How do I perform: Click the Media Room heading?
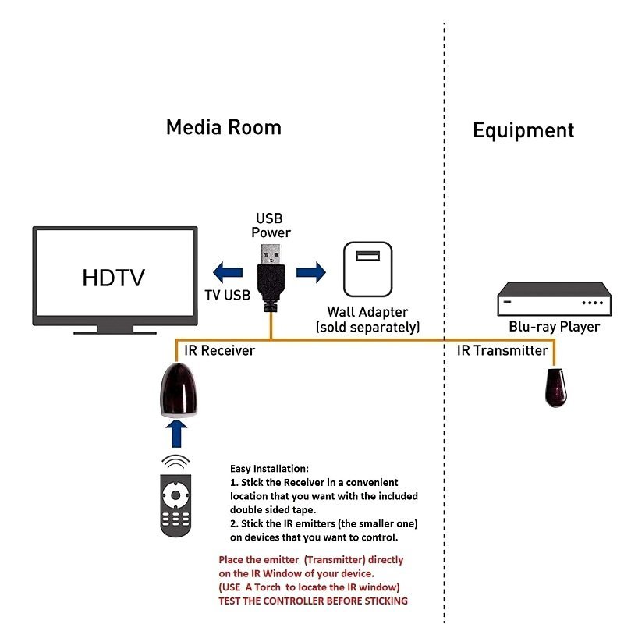tap(224, 127)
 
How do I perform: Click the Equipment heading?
tap(523, 130)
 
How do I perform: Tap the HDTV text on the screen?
tap(113, 278)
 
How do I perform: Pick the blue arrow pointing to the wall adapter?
tap(311, 271)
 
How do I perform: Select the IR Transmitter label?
tap(502, 351)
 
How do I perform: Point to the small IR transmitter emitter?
tap(555, 387)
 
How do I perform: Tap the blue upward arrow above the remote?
tap(178, 434)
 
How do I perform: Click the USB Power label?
tap(271, 225)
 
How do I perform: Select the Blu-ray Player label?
tap(555, 327)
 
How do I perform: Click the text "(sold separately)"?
tap(367, 327)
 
